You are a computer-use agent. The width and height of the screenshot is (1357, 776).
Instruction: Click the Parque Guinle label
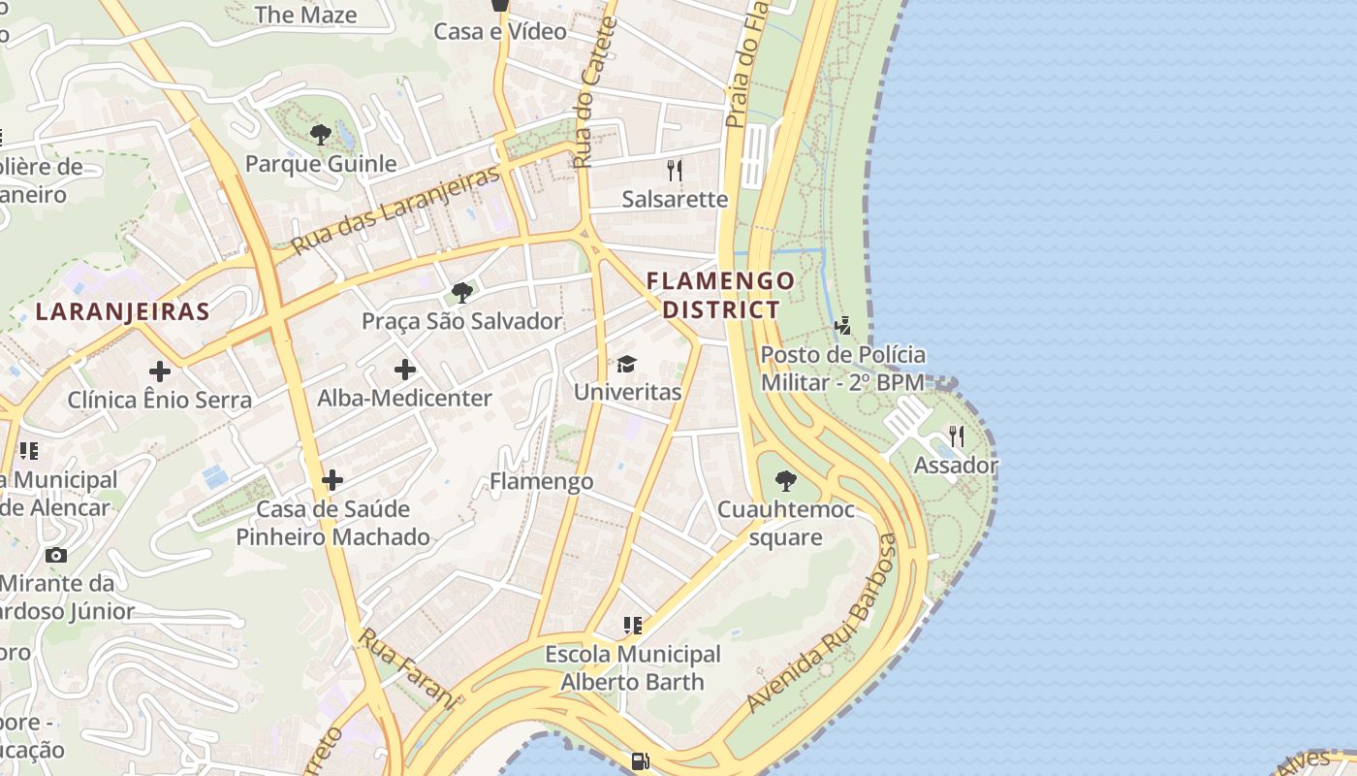tap(321, 164)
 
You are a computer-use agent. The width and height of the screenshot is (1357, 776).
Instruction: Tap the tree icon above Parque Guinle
tap(321, 135)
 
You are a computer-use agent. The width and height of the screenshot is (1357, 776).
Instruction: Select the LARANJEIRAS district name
tap(122, 311)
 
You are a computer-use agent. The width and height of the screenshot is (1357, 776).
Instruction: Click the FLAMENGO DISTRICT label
tap(720, 295)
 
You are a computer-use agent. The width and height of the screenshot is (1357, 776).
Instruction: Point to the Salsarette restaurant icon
tap(675, 171)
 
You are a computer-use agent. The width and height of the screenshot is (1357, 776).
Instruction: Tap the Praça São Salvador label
tap(462, 321)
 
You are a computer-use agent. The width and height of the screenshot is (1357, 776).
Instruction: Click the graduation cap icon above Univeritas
tap(627, 365)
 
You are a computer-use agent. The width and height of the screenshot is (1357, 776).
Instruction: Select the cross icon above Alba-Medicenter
tap(405, 370)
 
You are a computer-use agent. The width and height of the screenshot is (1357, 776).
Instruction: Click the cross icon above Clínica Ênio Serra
tap(160, 371)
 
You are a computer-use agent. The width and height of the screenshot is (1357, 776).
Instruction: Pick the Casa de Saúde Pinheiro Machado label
tap(332, 523)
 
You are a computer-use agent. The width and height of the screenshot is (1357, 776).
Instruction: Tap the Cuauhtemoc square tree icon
tap(786, 480)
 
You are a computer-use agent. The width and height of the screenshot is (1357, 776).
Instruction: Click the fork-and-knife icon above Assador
tap(957, 436)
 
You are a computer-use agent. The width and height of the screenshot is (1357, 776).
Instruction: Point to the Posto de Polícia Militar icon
tap(842, 326)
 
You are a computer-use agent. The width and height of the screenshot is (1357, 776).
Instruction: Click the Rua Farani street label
tap(408, 668)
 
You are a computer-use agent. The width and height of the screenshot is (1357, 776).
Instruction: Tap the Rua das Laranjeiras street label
tap(395, 209)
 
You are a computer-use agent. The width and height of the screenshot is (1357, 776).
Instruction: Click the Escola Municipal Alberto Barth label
tap(633, 668)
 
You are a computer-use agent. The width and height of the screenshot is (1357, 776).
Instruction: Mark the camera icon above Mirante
tap(56, 556)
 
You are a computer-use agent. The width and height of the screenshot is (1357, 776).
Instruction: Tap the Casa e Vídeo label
tap(500, 31)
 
